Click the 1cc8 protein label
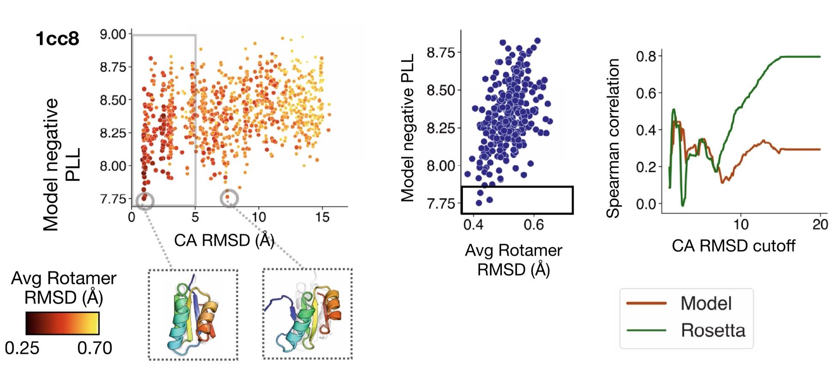click(57, 39)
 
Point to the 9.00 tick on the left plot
click(113, 34)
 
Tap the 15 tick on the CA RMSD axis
click(322, 218)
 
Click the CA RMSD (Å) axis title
click(224, 240)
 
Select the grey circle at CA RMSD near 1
click(145, 200)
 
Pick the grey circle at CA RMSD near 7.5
click(229, 198)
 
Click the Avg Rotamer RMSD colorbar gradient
click(63, 323)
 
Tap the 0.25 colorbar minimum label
click(22, 348)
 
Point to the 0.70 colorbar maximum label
click(95, 348)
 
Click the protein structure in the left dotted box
click(193, 315)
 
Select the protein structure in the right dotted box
click(307, 314)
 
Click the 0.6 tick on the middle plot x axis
click(533, 224)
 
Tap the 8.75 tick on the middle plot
click(441, 53)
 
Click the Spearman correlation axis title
click(613, 138)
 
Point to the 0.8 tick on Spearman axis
click(646, 56)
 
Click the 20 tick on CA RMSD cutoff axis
click(820, 224)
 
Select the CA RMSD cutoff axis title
click(733, 246)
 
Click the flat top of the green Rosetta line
click(801, 57)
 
